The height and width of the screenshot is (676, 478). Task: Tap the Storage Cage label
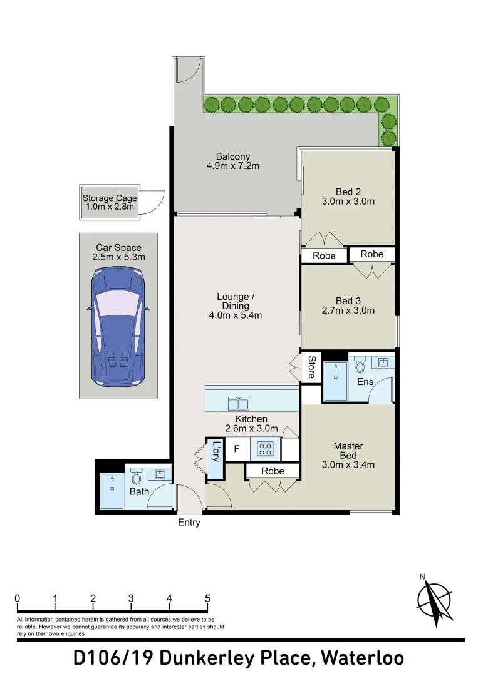(109, 199)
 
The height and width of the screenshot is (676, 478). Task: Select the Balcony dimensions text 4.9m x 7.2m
(232, 166)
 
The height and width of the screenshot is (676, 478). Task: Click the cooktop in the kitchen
(266, 449)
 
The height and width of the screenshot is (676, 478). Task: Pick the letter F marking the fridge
(236, 449)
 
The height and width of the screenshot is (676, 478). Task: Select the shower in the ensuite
(335, 381)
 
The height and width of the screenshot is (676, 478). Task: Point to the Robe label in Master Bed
(273, 471)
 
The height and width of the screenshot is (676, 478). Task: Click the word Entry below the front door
(189, 523)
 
